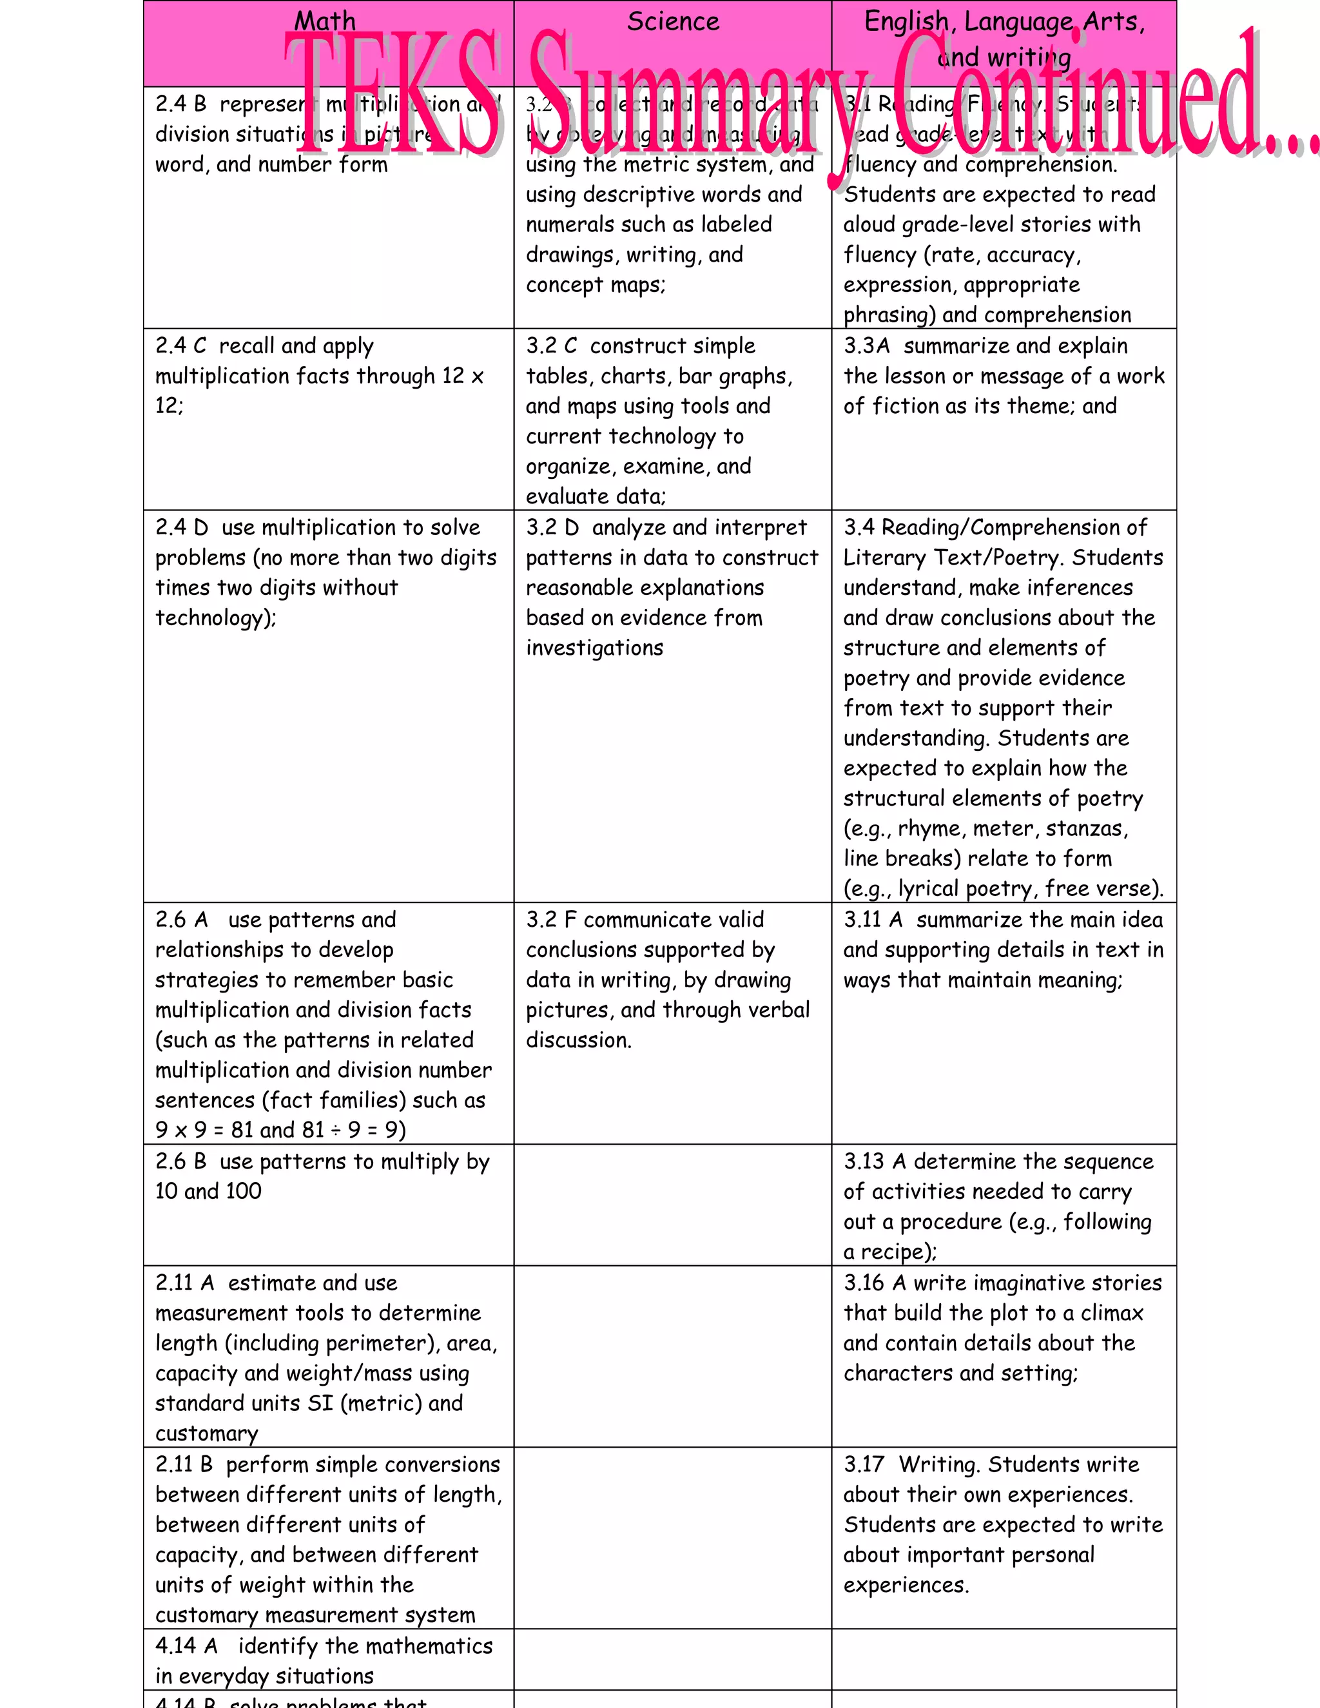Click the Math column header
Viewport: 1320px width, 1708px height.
point(325,21)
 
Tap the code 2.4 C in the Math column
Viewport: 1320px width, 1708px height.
point(180,345)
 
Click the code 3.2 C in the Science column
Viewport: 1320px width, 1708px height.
point(551,345)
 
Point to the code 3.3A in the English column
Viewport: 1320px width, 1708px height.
point(866,345)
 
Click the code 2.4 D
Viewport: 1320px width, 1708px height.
point(181,527)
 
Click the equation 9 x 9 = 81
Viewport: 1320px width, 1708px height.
point(204,1130)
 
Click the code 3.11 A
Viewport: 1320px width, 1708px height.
point(873,920)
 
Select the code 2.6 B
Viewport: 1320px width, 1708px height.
point(180,1161)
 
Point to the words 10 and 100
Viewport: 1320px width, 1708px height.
point(208,1191)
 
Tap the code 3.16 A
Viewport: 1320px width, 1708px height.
point(874,1283)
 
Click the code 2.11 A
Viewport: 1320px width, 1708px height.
point(184,1283)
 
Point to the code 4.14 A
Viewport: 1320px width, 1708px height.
point(186,1645)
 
